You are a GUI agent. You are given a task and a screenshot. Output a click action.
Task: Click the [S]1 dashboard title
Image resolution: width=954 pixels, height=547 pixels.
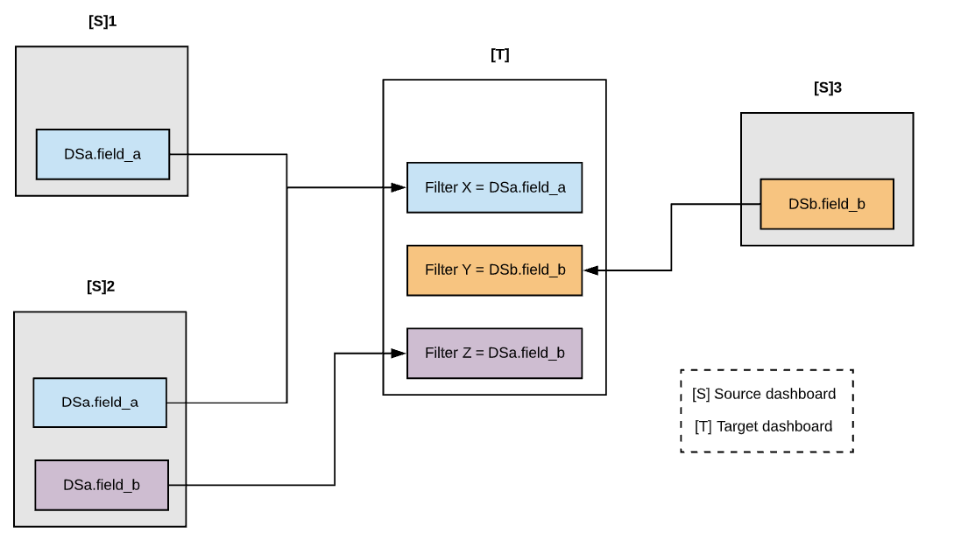coord(102,22)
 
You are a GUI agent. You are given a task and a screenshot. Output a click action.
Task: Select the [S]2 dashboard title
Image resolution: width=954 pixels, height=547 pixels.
coord(101,286)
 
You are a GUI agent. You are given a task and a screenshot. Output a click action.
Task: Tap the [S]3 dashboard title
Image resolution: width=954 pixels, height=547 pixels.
coord(827,88)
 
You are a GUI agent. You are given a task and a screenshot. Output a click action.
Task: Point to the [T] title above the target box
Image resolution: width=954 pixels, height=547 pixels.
coord(499,55)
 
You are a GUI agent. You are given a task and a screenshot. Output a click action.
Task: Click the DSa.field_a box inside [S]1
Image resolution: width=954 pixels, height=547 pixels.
coord(102,154)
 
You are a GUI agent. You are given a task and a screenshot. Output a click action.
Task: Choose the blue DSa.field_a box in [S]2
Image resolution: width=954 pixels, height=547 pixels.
coord(100,403)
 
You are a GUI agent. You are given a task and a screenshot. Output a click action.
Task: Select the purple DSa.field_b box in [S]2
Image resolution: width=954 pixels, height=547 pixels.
coord(101,485)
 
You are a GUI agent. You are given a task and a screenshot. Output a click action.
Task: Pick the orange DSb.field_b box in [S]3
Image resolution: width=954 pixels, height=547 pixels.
coord(826,204)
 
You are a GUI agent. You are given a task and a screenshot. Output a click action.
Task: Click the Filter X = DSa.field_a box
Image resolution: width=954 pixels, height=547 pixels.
coord(494,187)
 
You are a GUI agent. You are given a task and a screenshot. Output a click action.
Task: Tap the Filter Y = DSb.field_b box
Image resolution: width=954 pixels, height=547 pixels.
coord(494,270)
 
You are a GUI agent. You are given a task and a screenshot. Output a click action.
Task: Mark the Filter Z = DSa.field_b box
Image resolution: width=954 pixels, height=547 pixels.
coord(494,353)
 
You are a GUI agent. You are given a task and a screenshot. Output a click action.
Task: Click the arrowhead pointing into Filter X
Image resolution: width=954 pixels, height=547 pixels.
coord(399,187)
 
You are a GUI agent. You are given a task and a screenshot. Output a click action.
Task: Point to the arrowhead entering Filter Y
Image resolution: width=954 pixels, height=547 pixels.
coord(590,270)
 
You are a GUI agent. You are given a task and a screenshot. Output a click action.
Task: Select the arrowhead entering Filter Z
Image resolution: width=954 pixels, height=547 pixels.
coord(399,353)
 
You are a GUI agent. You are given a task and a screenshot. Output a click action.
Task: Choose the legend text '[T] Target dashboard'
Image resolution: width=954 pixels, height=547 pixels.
coord(763,426)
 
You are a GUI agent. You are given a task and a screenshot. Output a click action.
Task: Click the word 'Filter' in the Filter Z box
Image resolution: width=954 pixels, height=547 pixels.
coord(441,353)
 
